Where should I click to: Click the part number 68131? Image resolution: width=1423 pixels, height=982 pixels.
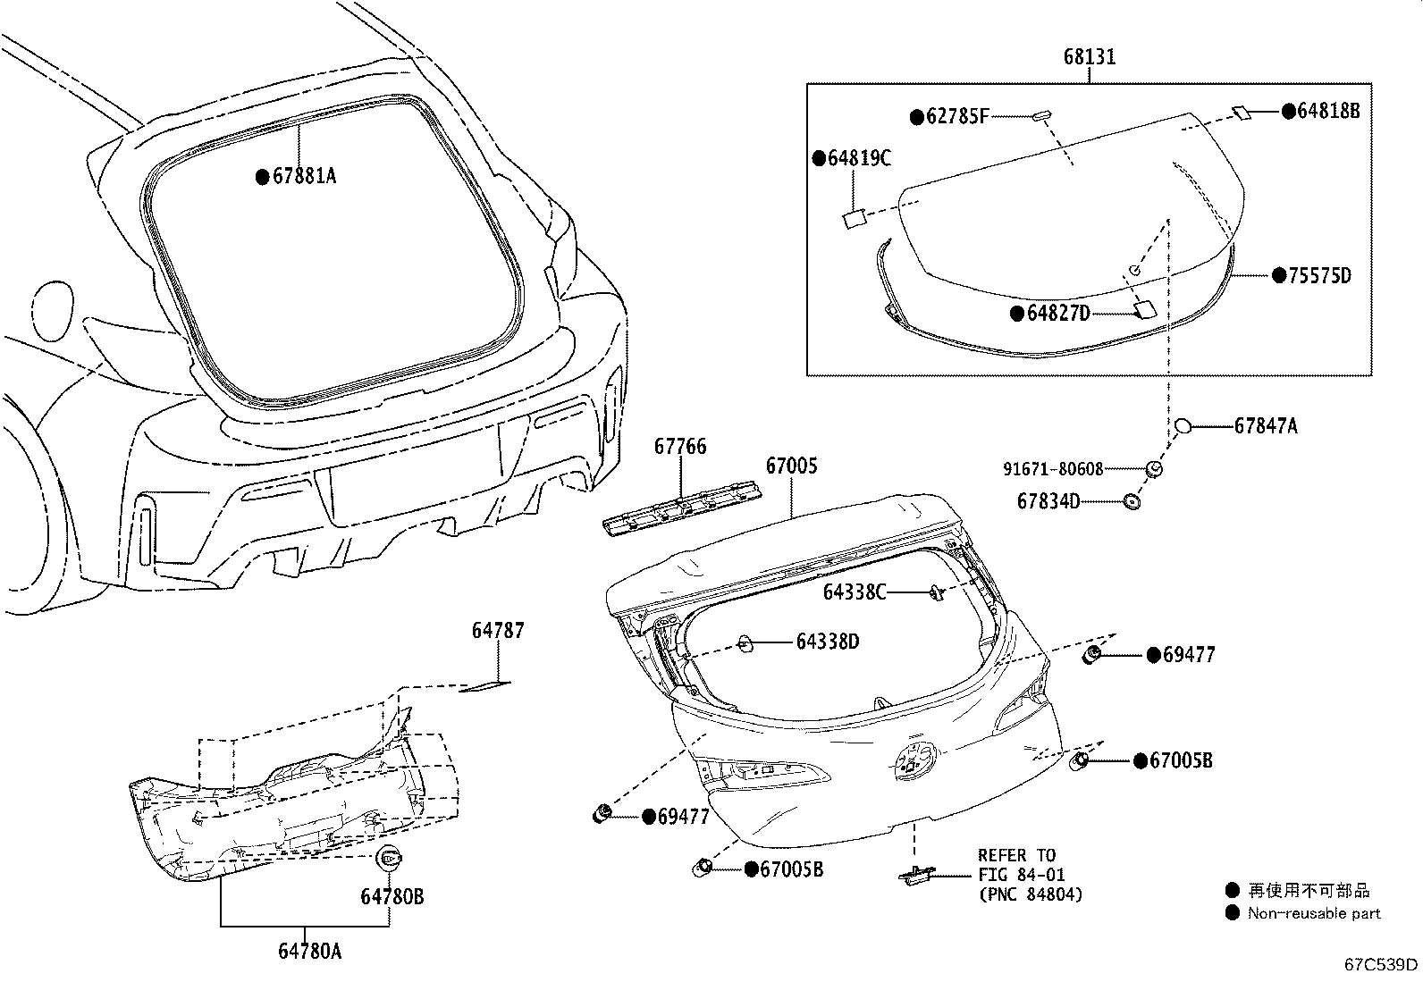[1089, 57]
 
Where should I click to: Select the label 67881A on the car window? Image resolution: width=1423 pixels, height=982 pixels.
[304, 177]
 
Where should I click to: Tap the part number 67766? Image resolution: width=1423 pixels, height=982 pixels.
[679, 446]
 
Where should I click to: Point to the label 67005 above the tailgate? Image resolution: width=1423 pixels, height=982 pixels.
[791, 466]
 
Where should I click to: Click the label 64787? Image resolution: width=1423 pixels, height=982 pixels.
[498, 631]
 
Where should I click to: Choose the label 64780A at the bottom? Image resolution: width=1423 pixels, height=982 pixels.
[309, 952]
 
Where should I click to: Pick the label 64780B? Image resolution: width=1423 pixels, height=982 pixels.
[392, 896]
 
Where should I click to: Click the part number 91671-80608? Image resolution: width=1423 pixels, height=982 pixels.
[1052, 468]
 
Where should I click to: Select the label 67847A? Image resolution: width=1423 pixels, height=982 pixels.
[1265, 426]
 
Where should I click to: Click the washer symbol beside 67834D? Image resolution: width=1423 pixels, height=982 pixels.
[1131, 501]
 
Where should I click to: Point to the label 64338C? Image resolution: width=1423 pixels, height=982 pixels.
[854, 592]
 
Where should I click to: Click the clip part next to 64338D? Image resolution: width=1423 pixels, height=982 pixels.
[745, 642]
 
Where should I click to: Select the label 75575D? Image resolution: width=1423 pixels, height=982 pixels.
[1318, 276]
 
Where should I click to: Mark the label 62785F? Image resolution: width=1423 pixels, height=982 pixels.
[957, 116]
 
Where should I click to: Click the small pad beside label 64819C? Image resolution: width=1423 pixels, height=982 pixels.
[854, 218]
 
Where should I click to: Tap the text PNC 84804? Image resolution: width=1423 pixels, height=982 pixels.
[1030, 894]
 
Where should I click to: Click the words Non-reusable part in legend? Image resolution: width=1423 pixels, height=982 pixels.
[1314, 913]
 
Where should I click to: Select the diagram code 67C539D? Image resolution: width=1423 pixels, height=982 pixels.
[1381, 965]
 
